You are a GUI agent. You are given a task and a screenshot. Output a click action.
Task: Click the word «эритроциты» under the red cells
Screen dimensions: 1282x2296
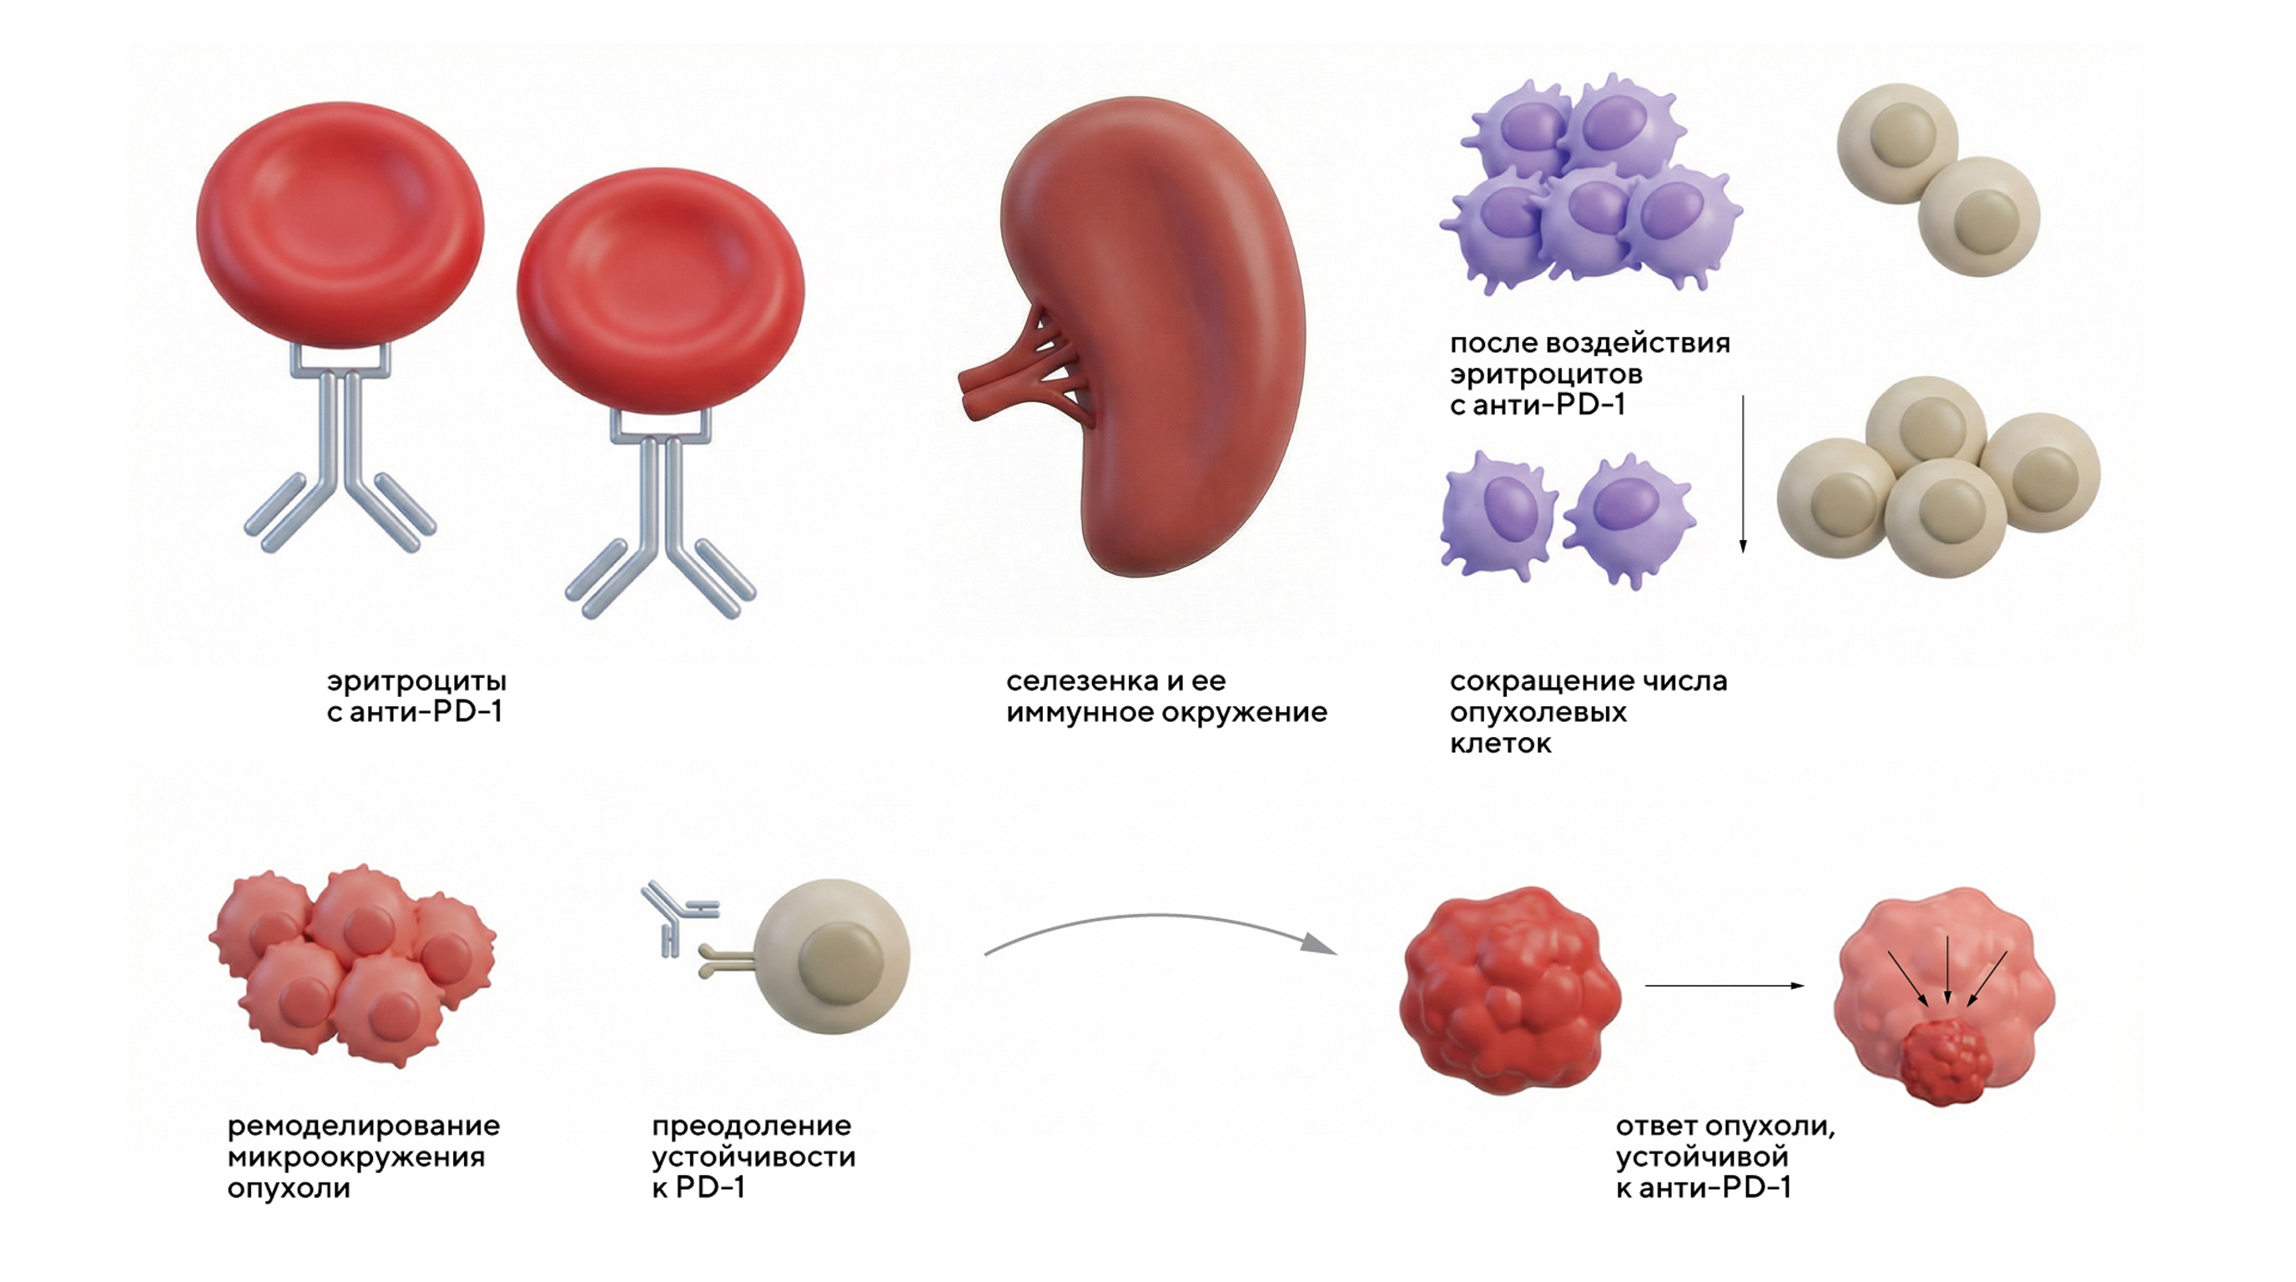[416, 682]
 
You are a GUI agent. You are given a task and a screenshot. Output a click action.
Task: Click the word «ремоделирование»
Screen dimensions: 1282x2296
[364, 1126]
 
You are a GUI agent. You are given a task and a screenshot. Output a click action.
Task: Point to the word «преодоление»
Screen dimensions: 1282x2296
[752, 1126]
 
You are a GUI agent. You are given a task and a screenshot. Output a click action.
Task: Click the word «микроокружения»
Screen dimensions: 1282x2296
[356, 1157]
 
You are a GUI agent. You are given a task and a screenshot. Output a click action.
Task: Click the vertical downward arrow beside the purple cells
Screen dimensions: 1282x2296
[1744, 472]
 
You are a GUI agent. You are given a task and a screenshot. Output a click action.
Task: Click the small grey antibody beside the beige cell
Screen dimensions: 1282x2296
[677, 918]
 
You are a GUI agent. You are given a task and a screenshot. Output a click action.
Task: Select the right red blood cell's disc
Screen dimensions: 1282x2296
[661, 290]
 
